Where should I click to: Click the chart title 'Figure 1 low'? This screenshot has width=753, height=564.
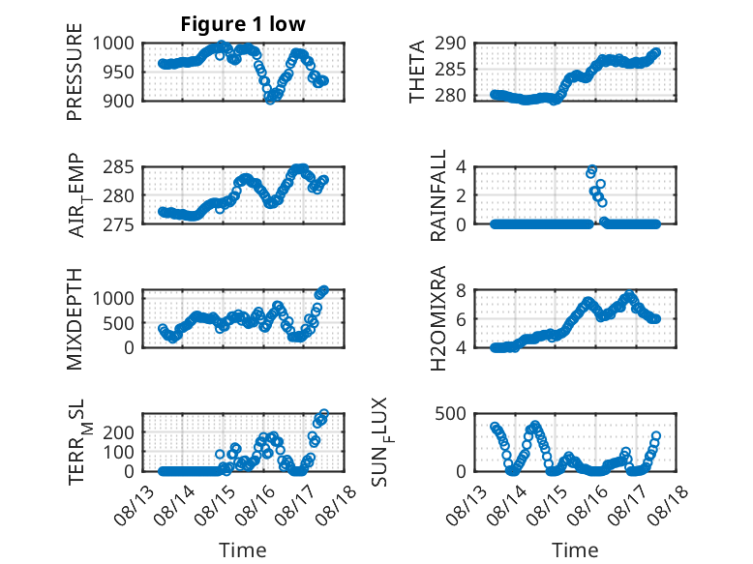tap(243, 24)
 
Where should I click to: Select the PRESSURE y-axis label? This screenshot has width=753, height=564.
tap(75, 72)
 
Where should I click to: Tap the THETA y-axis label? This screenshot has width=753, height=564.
tap(417, 72)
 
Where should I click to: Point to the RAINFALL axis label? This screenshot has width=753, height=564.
tap(438, 195)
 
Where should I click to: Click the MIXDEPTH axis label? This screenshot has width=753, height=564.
tap(75, 319)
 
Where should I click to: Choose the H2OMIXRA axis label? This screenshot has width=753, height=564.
tap(438, 318)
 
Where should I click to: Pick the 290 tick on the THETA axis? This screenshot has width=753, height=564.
tap(450, 44)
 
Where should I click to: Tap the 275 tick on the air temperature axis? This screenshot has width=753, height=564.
tap(119, 224)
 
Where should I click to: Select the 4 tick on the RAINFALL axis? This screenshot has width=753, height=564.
tap(461, 167)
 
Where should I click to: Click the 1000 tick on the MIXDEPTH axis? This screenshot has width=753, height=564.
tap(113, 298)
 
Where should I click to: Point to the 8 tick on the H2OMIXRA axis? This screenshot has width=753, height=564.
tap(461, 290)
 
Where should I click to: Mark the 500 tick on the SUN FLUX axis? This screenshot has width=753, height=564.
tap(450, 414)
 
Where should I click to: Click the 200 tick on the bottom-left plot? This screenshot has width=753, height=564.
tap(119, 432)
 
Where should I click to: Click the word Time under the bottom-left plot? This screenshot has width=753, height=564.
tap(243, 549)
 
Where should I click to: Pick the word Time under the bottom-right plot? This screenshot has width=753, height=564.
tap(575, 549)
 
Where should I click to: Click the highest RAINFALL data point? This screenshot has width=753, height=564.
tap(592, 169)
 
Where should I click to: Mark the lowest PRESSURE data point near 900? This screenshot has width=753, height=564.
tap(270, 100)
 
